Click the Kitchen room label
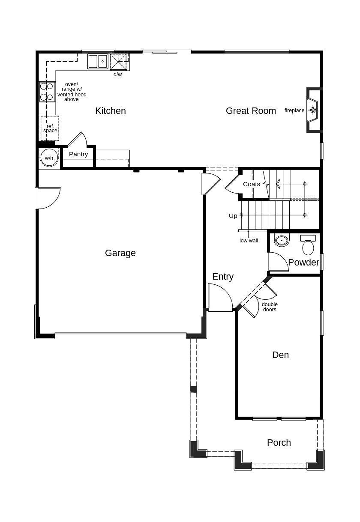[111, 111]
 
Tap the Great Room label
[251, 111]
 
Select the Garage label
[120, 253]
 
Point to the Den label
[280, 355]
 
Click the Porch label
[279, 443]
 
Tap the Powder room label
[303, 262]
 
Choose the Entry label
[223, 277]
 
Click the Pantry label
[78, 154]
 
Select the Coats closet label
[252, 184]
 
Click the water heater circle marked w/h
[49, 158]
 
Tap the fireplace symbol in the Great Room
[313, 110]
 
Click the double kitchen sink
[98, 61]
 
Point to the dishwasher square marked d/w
[119, 62]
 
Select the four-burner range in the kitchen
[47, 92]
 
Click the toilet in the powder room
[308, 246]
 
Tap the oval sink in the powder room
[282, 241]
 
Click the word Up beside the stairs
[233, 216]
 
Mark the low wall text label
[249, 241]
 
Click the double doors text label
[270, 307]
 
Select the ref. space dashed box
[50, 128]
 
